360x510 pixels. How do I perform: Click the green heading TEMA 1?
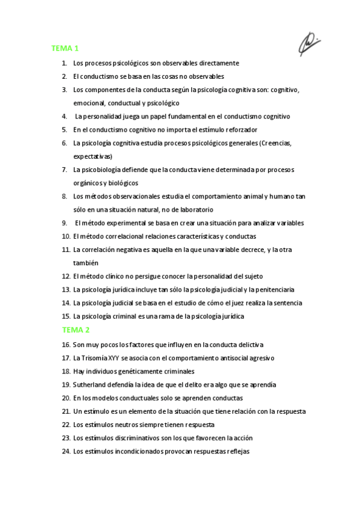point(65,48)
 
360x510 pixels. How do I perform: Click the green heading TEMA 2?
point(76,330)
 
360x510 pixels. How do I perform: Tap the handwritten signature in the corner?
point(310,43)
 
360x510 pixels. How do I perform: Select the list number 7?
point(64,170)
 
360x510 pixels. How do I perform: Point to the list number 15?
point(66,316)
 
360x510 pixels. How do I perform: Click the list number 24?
point(66,451)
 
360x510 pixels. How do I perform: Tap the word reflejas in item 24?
point(237,451)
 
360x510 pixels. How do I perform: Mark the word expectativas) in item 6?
point(93,156)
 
